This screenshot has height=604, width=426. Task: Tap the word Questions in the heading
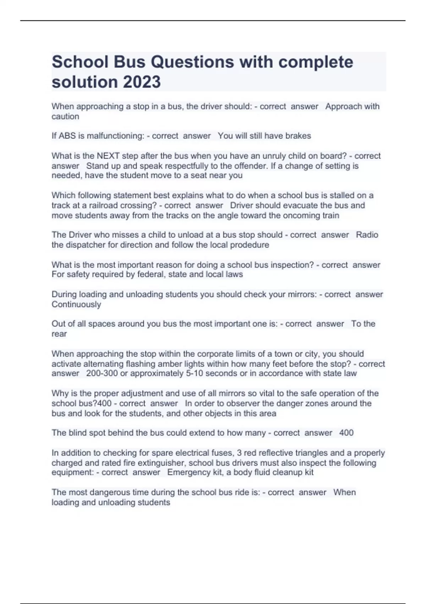[x=192, y=62]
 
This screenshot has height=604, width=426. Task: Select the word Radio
[x=367, y=235]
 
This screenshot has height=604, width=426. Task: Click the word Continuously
[x=76, y=304]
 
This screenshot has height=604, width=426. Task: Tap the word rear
[x=59, y=334]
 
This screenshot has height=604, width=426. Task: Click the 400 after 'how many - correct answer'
[x=346, y=433]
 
